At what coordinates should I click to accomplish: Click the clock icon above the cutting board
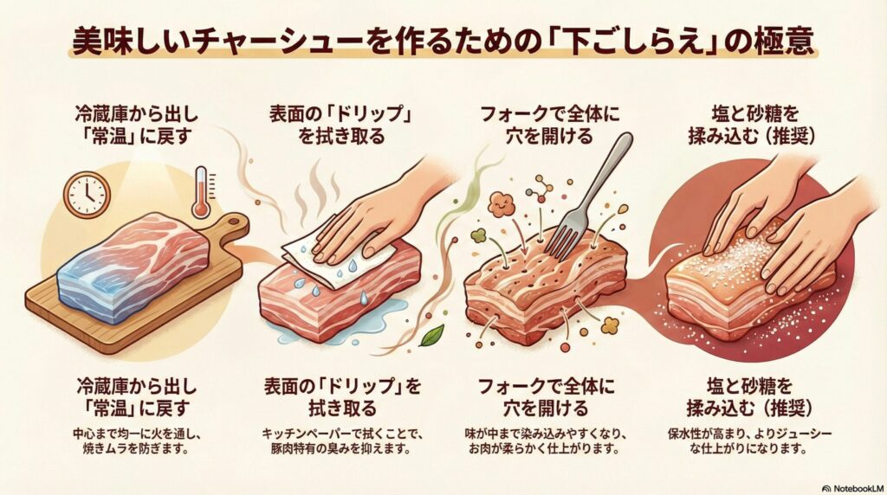click(x=87, y=194)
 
